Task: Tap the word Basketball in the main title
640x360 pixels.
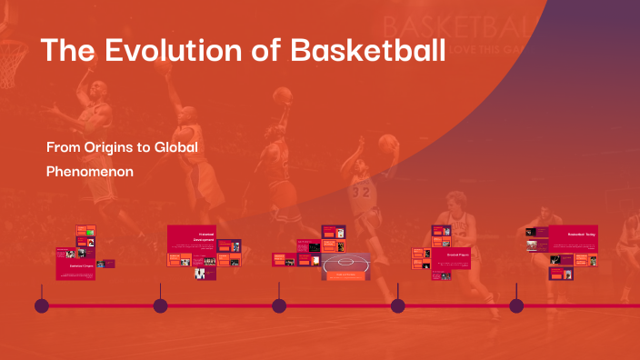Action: (x=367, y=50)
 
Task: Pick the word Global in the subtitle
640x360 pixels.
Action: (x=175, y=146)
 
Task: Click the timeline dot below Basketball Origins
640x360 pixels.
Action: (x=42, y=305)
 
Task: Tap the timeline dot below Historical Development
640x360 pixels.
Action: (x=161, y=305)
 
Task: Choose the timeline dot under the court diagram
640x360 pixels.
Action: (x=279, y=305)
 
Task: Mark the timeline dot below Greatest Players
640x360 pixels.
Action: (x=397, y=305)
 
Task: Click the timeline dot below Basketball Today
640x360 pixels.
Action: (x=516, y=305)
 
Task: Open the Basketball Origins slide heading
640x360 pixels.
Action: (x=81, y=266)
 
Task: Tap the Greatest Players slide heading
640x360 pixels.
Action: (x=457, y=255)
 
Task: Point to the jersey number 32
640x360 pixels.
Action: (x=363, y=192)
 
